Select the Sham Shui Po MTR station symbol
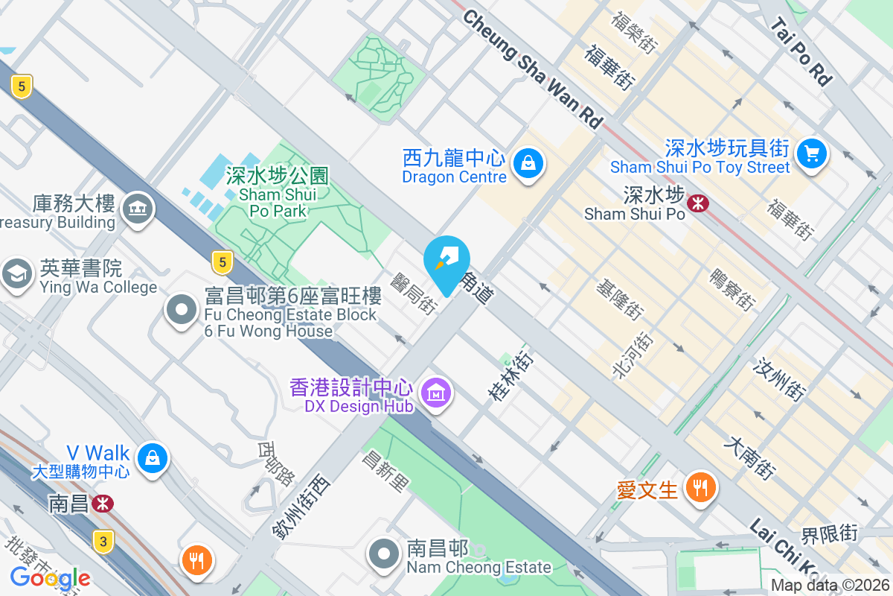698,201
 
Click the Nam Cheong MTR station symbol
103,504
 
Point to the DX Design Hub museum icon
435,391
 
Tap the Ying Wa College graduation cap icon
16,273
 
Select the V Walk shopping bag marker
153,457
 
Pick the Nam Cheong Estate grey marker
385,554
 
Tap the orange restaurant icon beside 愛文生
699,488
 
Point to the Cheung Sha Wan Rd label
531,69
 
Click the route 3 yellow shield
103,541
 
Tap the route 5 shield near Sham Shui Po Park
221,261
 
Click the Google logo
50,577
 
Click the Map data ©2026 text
830,586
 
